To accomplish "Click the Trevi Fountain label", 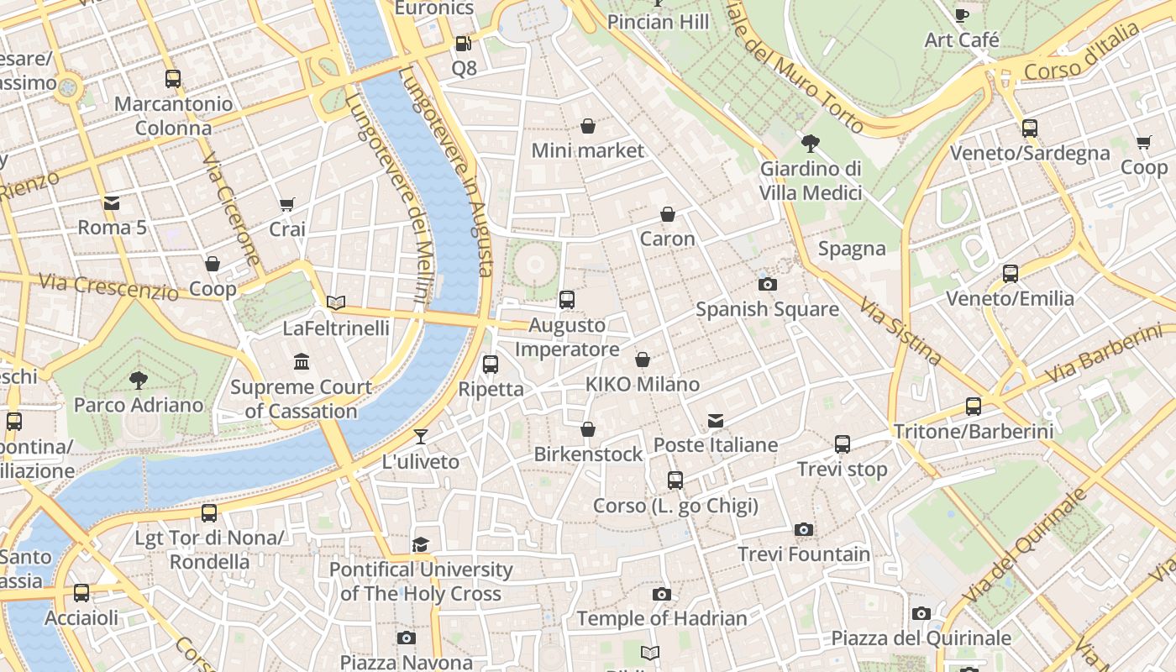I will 804,554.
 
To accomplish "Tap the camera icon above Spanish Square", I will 767,284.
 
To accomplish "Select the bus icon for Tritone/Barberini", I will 974,407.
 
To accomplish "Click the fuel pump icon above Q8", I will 463,44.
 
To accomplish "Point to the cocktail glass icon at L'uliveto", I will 421,437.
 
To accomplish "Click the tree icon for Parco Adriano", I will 139,381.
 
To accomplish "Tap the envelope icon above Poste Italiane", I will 715,420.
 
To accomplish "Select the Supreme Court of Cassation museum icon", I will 302,362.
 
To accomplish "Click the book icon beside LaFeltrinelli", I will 336,302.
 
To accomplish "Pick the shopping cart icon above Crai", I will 287,204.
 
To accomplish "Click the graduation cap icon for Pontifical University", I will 421,545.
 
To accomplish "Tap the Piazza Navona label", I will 407,662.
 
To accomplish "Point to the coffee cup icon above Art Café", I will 962,15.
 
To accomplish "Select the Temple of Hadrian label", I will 661,619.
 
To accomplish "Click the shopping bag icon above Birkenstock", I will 588,429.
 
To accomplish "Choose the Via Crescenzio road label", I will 108,286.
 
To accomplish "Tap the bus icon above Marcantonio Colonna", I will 173,79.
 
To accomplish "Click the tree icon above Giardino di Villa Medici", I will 811,144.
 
